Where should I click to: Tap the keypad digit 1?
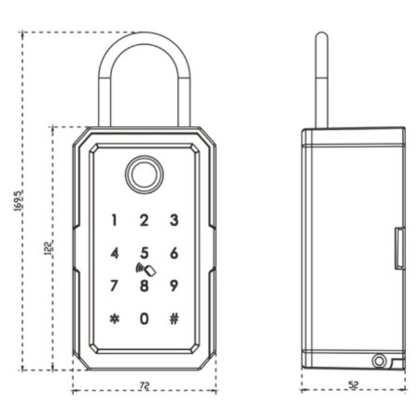(x=114, y=220)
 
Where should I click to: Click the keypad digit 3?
(x=175, y=219)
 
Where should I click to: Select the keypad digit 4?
(x=115, y=253)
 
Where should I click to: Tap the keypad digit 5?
(x=145, y=253)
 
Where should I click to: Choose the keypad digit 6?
(x=175, y=253)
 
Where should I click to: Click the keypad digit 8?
(x=145, y=286)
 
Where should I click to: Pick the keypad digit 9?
(x=175, y=286)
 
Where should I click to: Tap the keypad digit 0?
(x=145, y=318)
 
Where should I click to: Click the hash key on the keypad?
(x=175, y=318)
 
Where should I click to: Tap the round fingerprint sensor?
(x=144, y=175)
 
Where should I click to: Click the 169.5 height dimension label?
(x=18, y=201)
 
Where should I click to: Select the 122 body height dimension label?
(x=49, y=248)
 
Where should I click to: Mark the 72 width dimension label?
(x=145, y=385)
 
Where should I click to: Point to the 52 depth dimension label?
(x=353, y=385)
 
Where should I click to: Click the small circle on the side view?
(x=379, y=361)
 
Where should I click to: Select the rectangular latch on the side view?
(x=399, y=248)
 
